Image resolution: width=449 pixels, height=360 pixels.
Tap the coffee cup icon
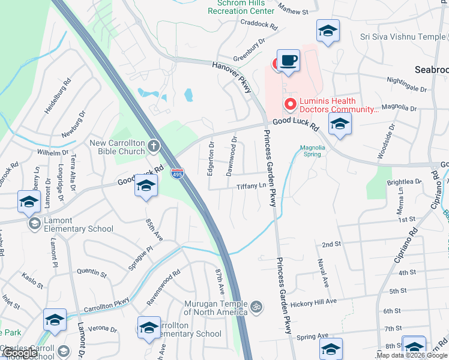pyautogui.click(x=289, y=61)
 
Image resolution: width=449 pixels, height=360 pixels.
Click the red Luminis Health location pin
pyautogui.click(x=291, y=104)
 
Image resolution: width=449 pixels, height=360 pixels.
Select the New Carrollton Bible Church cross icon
pyautogui.click(x=154, y=146)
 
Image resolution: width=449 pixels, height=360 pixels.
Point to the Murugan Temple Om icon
pyautogui.click(x=256, y=307)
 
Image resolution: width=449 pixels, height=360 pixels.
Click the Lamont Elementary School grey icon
pyautogui.click(x=35, y=224)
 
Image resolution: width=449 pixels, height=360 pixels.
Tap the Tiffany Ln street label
pyautogui.click(x=251, y=185)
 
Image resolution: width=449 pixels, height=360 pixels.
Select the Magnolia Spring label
pyautogui.click(x=312, y=151)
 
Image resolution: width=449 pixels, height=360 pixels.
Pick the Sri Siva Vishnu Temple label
pyautogui.click(x=403, y=37)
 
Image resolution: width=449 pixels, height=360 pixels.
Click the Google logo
pyautogui.click(x=20, y=353)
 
